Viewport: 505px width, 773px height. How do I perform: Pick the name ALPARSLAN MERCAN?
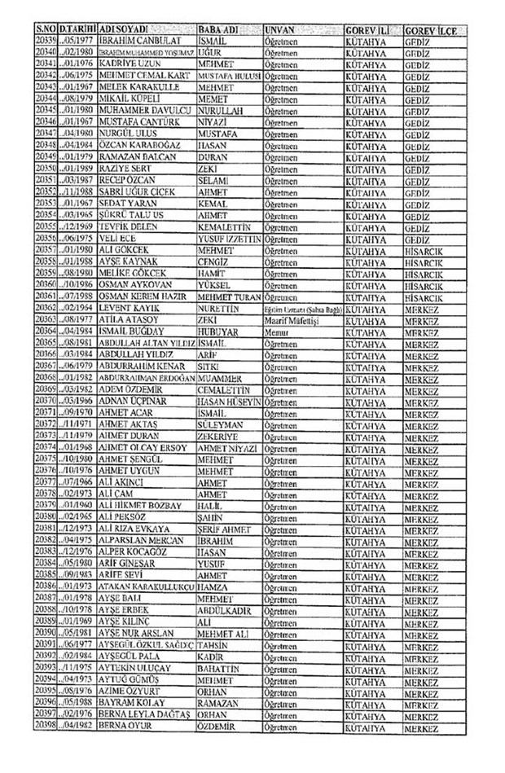click(137, 539)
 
